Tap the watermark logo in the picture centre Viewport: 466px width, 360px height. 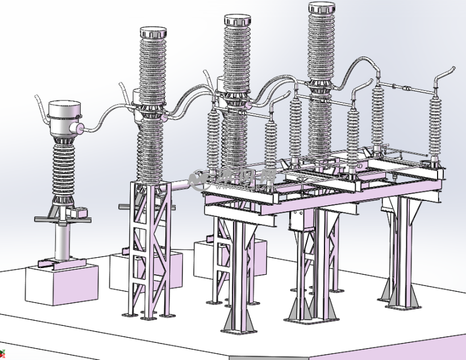[x=234, y=179]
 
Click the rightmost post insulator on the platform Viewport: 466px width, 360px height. [x=435, y=128]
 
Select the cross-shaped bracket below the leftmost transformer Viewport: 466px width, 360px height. [x=63, y=217]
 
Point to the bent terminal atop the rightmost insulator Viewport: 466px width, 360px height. [x=446, y=74]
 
